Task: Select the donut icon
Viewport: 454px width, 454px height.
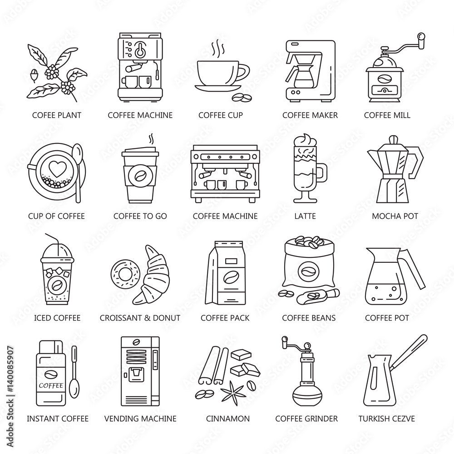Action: [x=125, y=273]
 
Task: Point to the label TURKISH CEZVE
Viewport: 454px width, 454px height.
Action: [x=386, y=419]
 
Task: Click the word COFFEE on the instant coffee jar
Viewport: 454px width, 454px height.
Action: [x=51, y=385]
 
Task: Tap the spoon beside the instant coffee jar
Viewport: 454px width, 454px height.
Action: [x=74, y=372]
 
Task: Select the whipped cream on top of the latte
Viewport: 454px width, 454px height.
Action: [x=305, y=141]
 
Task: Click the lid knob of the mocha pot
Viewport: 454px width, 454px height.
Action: [x=392, y=139]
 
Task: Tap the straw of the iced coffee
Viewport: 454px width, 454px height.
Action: [x=53, y=244]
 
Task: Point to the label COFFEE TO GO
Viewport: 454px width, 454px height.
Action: [x=140, y=216]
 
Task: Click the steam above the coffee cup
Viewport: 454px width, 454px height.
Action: [x=217, y=49]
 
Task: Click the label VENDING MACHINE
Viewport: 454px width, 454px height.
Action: [x=140, y=419]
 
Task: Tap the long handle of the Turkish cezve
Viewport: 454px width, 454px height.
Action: [x=409, y=352]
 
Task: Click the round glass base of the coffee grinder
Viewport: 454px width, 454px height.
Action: [x=307, y=397]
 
